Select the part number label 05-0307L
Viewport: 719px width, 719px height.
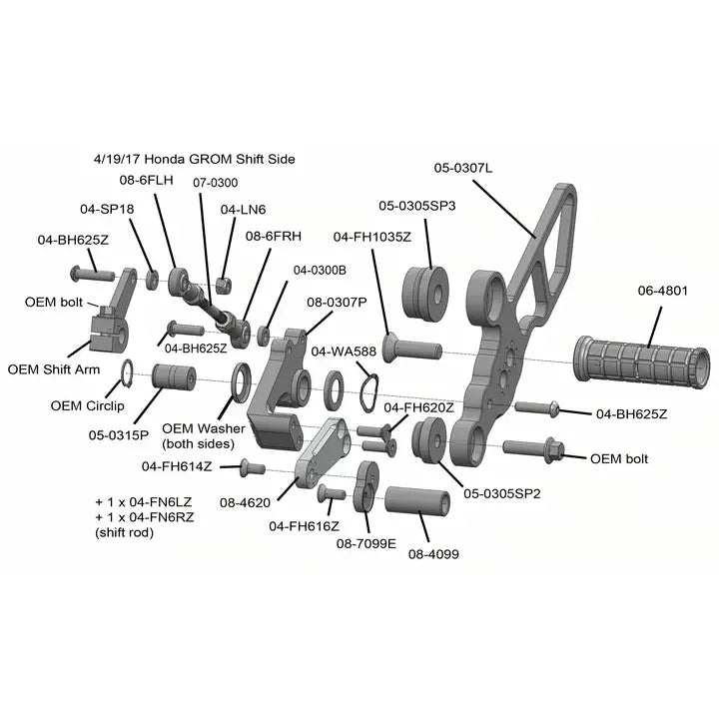[x=463, y=169]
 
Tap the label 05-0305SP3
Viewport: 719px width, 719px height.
[x=417, y=206]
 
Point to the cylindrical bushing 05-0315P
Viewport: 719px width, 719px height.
[x=174, y=377]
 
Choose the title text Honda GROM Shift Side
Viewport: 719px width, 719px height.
[x=220, y=159]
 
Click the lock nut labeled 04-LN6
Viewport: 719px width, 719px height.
[x=225, y=287]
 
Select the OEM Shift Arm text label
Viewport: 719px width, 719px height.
[x=54, y=369]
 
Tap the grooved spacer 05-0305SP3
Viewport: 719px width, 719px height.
[x=425, y=293]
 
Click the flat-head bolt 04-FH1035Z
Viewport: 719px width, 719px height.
[x=412, y=349]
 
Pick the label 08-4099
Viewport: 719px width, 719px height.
[x=433, y=554]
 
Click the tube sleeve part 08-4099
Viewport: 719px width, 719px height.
[x=416, y=501]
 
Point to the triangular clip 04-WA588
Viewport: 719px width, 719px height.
[x=369, y=393]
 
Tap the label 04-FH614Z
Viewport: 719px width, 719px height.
[x=177, y=466]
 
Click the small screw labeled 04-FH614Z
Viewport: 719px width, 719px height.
[x=253, y=468]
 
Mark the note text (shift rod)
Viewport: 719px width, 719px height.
[x=124, y=533]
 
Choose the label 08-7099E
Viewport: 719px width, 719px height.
[x=365, y=544]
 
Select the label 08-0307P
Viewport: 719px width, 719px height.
[x=337, y=303]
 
